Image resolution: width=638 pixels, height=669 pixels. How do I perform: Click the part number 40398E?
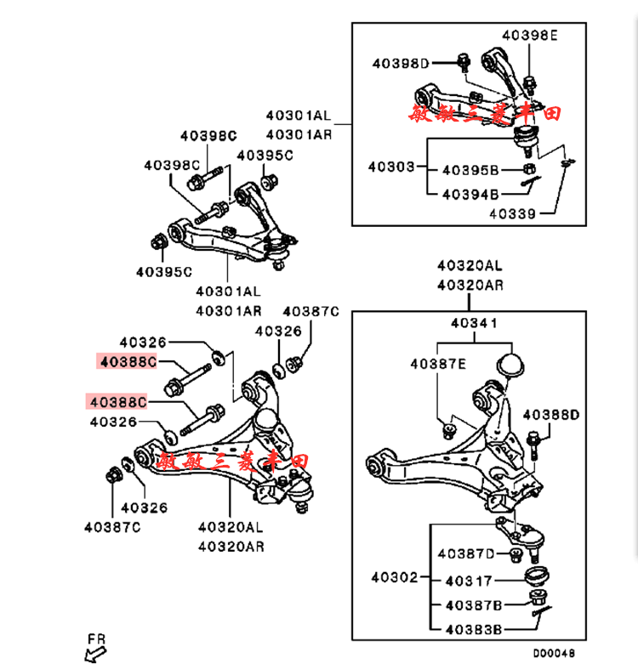tap(529, 36)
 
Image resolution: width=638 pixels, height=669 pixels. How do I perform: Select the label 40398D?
tap(401, 63)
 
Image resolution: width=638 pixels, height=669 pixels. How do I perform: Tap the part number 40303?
tap(391, 167)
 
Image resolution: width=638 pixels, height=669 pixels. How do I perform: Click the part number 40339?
tap(513, 213)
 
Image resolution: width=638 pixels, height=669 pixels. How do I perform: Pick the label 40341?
tap(474, 324)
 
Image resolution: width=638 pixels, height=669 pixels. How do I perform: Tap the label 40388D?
tap(550, 415)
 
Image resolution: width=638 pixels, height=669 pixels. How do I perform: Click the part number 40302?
tap(394, 578)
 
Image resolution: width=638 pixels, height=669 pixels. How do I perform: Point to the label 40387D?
tap(466, 554)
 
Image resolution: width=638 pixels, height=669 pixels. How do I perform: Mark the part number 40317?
tap(468, 581)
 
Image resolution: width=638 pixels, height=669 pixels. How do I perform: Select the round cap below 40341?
tap(510, 365)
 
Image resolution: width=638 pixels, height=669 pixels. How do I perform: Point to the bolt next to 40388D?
tap(533, 445)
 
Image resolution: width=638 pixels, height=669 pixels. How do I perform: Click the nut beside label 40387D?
tap(515, 555)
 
